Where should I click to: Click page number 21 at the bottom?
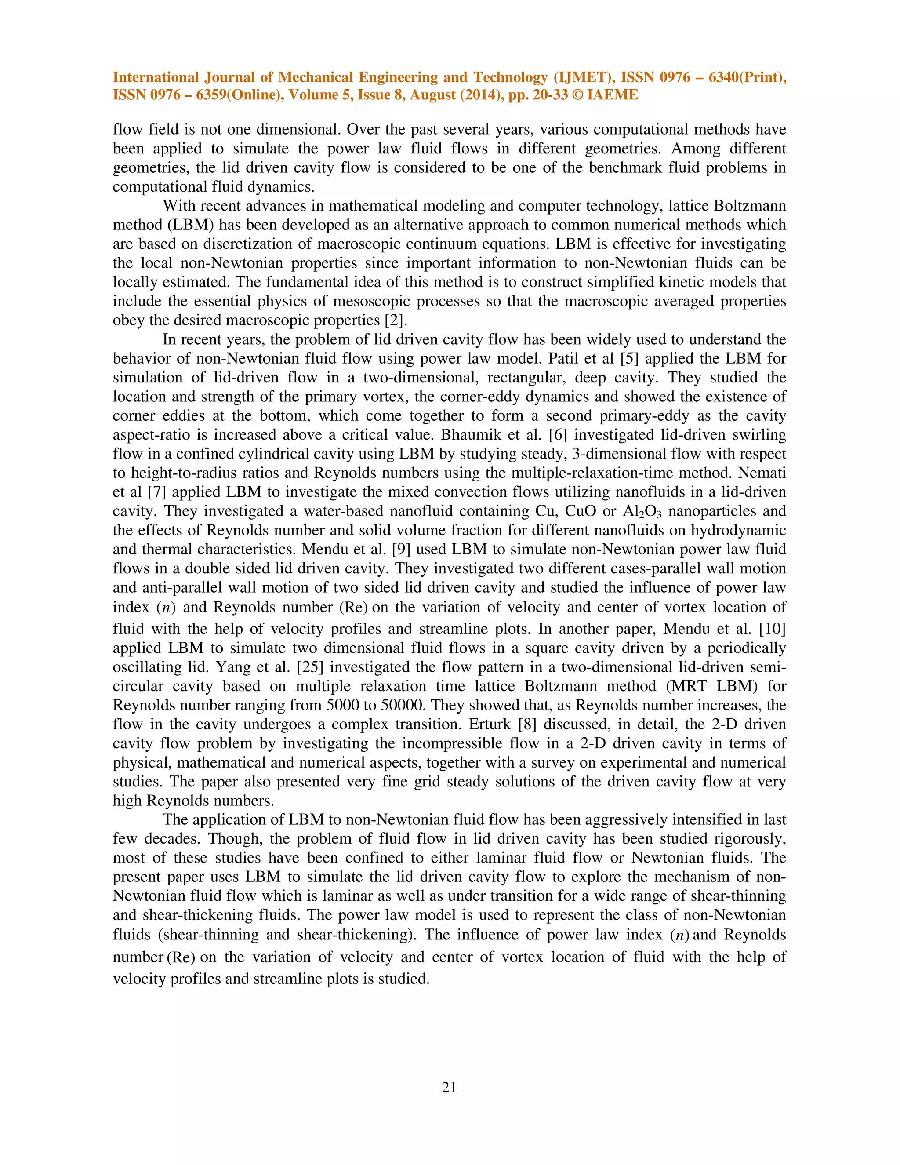click(449, 1087)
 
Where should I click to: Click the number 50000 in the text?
click(403, 706)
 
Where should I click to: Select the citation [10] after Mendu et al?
click(772, 630)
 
